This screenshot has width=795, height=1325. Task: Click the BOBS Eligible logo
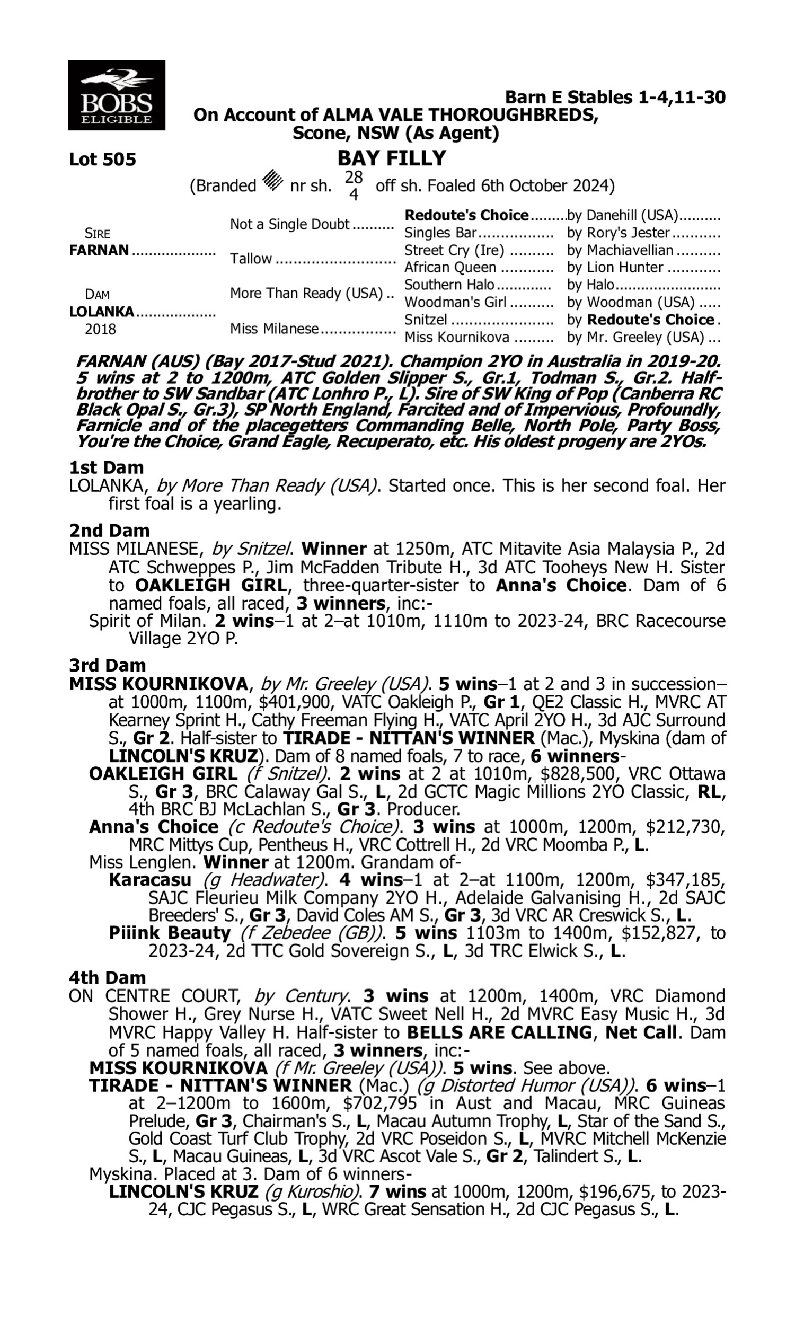[116, 95]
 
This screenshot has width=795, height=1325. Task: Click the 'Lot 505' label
[102, 160]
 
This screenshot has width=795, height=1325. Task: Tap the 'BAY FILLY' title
[392, 158]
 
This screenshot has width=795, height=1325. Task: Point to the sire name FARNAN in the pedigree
[99, 250]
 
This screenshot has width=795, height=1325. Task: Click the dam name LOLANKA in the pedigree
[101, 312]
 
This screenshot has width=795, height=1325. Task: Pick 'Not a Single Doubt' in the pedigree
[289, 224]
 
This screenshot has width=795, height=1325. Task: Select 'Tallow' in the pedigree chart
[251, 259]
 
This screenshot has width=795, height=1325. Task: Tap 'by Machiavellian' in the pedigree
[620, 250]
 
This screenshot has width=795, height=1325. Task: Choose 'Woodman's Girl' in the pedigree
[455, 303]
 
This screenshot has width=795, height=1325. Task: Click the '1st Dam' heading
[106, 467]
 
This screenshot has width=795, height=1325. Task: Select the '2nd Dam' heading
[109, 531]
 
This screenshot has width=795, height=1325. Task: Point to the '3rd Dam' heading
[107, 665]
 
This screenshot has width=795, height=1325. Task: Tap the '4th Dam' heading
[107, 977]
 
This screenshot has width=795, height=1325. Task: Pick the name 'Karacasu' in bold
[149, 880]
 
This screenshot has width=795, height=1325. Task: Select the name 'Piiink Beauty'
[169, 932]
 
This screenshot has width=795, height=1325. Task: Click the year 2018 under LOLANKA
[100, 329]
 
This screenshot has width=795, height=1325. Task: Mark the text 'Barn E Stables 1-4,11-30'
[615, 98]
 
